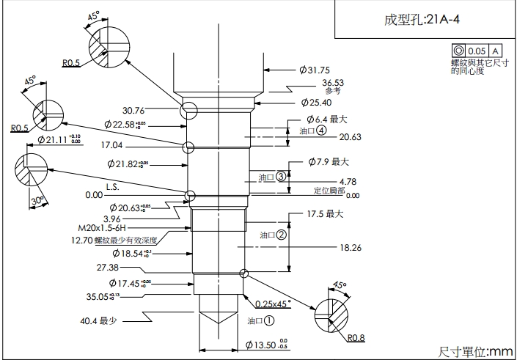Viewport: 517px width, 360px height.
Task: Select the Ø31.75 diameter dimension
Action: (316, 70)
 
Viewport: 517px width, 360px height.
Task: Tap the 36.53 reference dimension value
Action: (333, 83)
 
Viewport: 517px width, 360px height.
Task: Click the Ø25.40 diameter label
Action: (317, 102)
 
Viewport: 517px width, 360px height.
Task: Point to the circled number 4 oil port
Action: (322, 131)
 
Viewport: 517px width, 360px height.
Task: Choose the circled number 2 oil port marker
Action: (281, 235)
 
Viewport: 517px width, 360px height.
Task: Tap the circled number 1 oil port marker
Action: (269, 320)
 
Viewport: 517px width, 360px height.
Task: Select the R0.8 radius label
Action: (356, 338)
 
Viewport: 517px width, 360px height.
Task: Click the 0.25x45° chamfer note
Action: (274, 303)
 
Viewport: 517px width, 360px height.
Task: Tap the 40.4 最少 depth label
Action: (99, 320)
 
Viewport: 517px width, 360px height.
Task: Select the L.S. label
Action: (112, 186)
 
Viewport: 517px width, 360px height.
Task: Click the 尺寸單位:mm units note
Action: (475, 351)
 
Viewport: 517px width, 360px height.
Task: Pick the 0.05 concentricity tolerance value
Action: (477, 51)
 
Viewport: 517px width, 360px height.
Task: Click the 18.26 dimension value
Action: (350, 248)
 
